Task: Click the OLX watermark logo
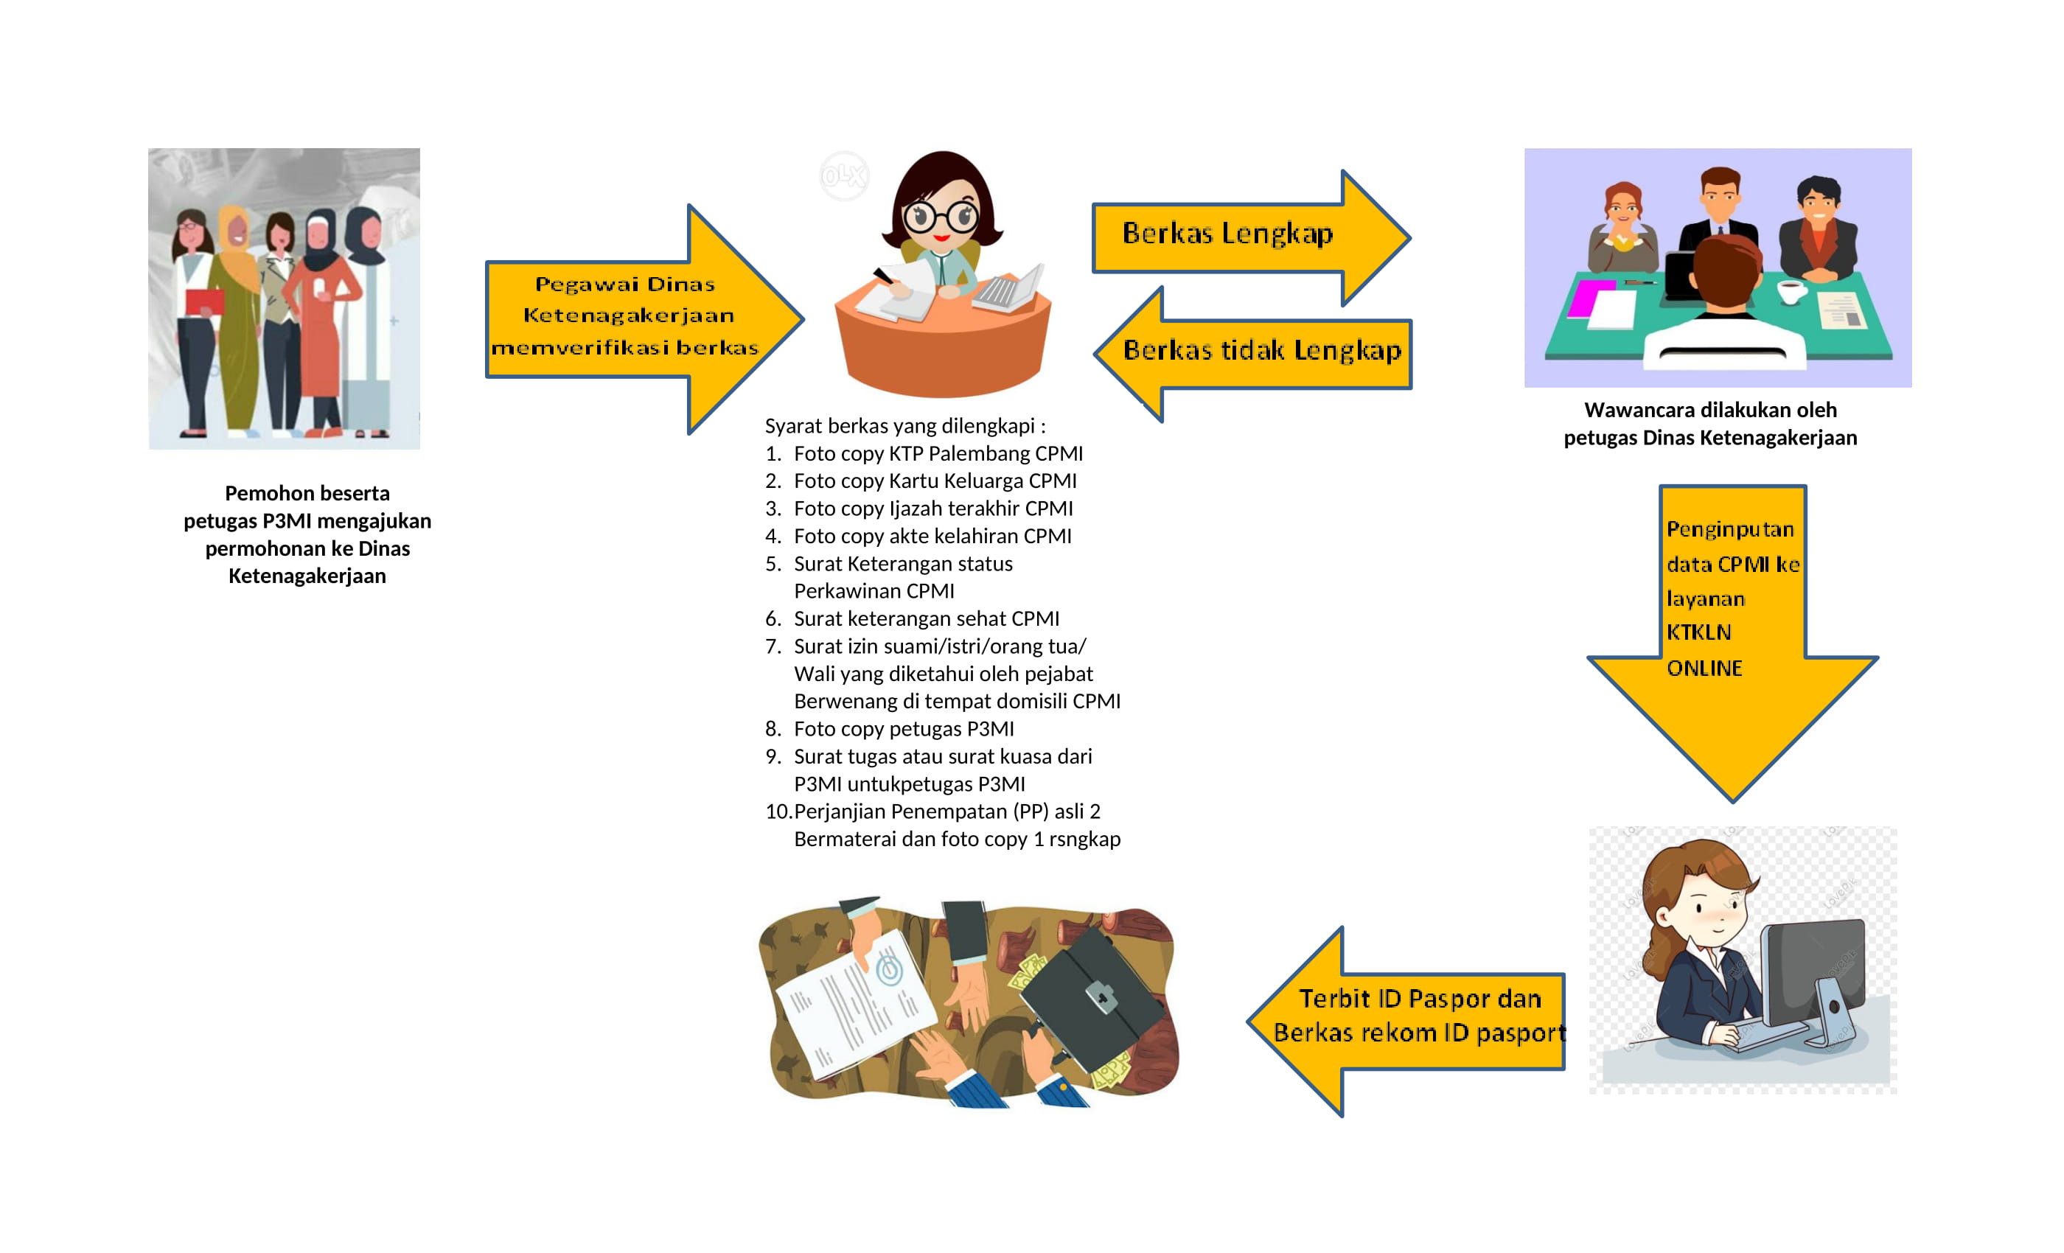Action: [843, 176]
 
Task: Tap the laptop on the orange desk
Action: [1009, 289]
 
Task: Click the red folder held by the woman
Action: [203, 301]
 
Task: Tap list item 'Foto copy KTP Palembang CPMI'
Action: [938, 454]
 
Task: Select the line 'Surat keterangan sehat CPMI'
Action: [926, 619]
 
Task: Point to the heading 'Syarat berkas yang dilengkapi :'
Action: [904, 426]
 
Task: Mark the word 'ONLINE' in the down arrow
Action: [1704, 669]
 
